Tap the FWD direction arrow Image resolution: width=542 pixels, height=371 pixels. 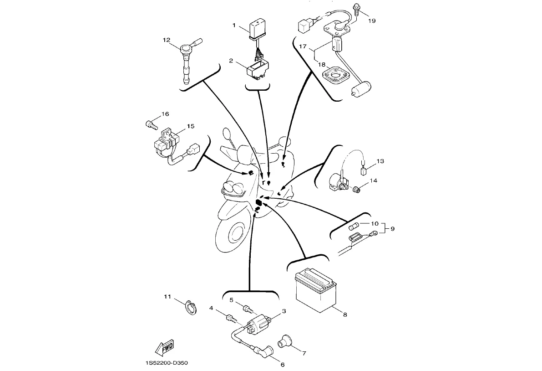tap(165, 347)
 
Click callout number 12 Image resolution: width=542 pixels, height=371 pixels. tap(166, 40)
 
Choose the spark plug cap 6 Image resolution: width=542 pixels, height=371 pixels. tap(265, 353)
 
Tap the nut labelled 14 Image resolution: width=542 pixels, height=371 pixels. tap(357, 189)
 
